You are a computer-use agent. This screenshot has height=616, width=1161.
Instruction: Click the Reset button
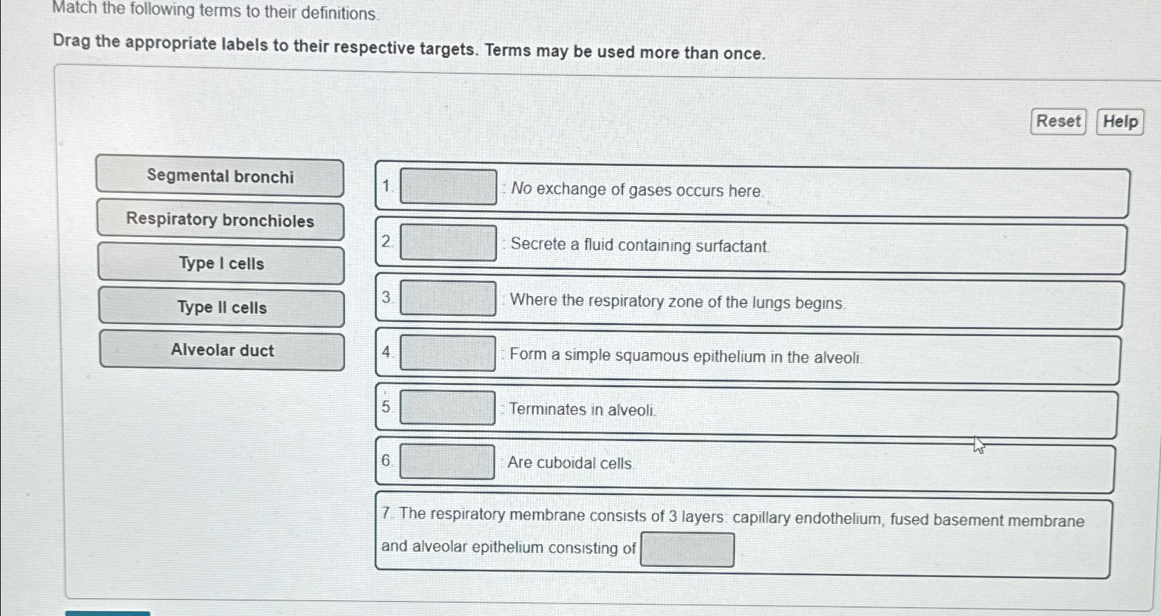coord(1058,122)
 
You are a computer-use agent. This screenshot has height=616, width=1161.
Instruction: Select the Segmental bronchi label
coord(220,177)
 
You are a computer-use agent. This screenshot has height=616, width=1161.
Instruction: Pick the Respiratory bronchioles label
coord(221,221)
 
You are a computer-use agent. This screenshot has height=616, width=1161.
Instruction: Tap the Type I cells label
coord(221,263)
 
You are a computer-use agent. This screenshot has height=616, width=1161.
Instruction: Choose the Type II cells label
coord(222,308)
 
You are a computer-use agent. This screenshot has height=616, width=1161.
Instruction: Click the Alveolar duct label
coord(223,351)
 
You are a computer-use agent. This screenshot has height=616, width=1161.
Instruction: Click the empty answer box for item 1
coord(448,187)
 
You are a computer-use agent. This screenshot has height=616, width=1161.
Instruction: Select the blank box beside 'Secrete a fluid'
coord(448,243)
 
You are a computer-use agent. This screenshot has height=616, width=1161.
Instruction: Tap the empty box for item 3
coord(448,299)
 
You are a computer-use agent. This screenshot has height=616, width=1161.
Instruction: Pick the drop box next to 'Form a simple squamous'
coord(447,353)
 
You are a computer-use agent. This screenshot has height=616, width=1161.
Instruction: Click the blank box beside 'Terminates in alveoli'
coord(447,408)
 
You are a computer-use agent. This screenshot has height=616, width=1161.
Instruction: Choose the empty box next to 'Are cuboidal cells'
coord(447,462)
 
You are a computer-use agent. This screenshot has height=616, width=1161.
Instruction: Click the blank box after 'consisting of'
coord(687,550)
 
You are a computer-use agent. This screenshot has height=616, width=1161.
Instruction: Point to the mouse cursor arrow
coord(978,445)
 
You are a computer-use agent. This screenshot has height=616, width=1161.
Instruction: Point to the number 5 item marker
coord(386,407)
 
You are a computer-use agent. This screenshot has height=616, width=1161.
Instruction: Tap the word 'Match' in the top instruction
coord(75,9)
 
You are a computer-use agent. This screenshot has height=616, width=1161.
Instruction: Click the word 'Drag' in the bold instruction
coord(72,41)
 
